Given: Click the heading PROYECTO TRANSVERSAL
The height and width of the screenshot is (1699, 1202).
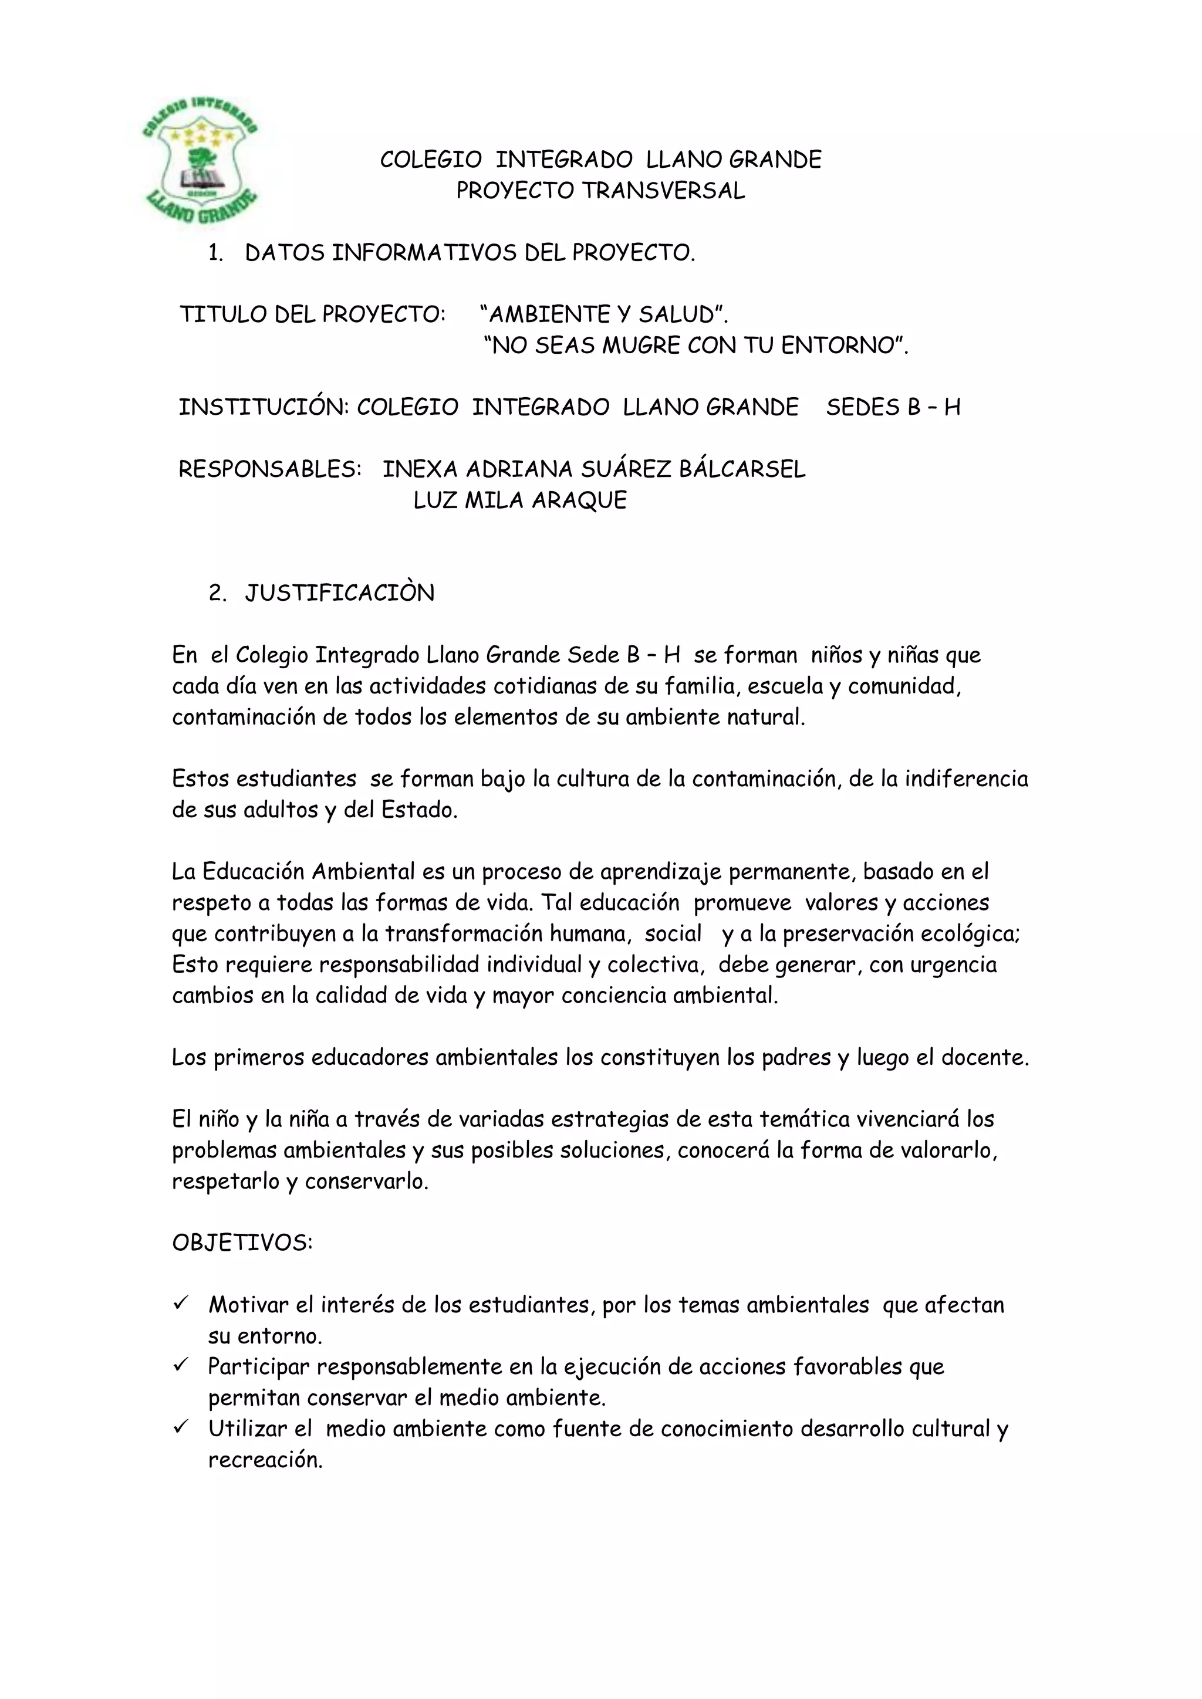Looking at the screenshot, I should tap(600, 191).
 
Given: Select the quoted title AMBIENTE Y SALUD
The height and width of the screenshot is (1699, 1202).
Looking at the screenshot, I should tap(603, 314).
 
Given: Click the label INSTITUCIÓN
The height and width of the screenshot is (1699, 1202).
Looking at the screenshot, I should tap(263, 408).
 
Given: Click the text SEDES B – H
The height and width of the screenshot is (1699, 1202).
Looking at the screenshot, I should tap(893, 408).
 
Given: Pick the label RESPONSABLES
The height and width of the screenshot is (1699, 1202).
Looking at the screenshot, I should tap(269, 469).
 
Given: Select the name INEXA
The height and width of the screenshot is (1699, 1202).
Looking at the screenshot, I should tap(420, 469).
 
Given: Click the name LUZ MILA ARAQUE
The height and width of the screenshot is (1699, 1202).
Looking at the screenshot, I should tap(519, 500).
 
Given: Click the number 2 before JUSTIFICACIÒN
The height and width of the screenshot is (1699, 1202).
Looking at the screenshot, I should tap(216, 594).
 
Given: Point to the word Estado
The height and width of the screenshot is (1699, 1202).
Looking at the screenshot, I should tap(418, 810).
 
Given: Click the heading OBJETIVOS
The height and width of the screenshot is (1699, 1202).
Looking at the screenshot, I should tap(242, 1243).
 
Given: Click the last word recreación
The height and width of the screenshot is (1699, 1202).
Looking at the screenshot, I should tap(265, 1460).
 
